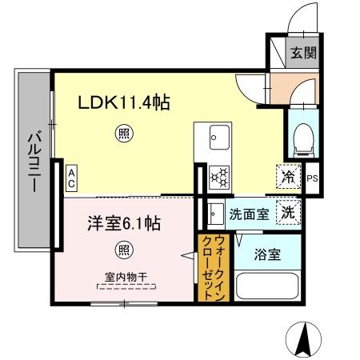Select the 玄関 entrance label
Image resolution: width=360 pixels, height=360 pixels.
[302, 54]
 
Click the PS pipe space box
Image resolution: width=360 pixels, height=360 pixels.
[312, 178]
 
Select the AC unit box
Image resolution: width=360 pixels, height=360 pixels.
[71, 178]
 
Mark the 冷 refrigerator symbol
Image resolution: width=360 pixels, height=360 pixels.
[287, 177]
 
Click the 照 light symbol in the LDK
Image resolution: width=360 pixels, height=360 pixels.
[122, 134]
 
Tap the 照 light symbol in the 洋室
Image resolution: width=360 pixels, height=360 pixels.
[122, 249]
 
